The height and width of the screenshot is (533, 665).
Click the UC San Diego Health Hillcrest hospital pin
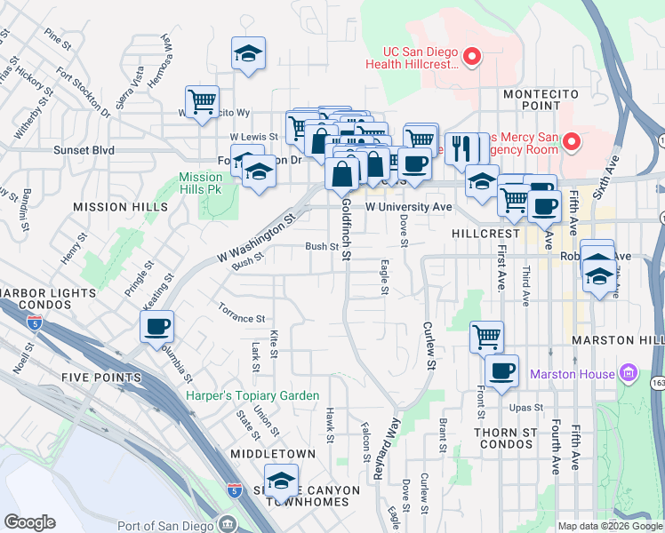pos(472,60)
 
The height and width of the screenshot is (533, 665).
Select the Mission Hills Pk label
pos(199,183)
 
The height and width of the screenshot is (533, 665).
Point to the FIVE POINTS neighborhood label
pos(101,378)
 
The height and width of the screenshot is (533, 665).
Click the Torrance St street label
pos(242,314)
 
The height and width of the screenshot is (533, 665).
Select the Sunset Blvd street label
pos(84,151)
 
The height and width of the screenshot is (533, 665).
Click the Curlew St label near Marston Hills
pos(430,346)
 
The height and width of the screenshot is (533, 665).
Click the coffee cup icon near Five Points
pos(157,326)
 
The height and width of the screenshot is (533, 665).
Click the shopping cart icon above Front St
pos(486,336)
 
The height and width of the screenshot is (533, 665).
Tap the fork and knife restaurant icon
pos(461,147)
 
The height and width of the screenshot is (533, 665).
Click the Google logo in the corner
pos(29,522)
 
